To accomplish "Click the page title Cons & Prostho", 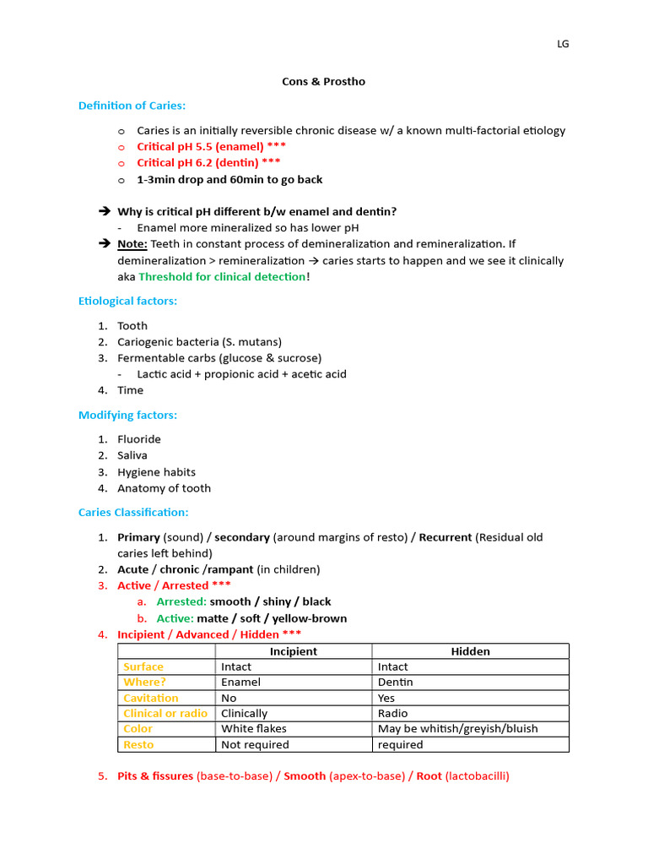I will (323, 82).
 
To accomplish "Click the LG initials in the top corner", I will (563, 44).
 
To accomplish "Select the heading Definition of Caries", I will (132, 106).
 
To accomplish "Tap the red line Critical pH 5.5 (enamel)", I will (205, 146).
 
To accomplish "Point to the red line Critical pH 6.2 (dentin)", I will (208, 162).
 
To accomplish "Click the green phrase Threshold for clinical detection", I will (223, 277).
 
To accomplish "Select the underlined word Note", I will (132, 244).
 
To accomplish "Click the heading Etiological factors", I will (127, 301).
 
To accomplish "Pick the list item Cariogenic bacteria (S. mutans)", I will (199, 342).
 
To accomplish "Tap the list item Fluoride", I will (139, 439).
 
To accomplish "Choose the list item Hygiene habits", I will (156, 472).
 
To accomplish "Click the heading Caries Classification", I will (133, 513).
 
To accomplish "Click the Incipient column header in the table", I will (293, 651).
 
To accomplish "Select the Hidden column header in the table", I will (470, 651).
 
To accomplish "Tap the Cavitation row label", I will (151, 699).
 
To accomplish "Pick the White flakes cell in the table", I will (254, 729).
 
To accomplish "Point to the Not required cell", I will (255, 745).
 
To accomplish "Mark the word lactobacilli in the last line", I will (477, 776).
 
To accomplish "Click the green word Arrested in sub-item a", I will (181, 601).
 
